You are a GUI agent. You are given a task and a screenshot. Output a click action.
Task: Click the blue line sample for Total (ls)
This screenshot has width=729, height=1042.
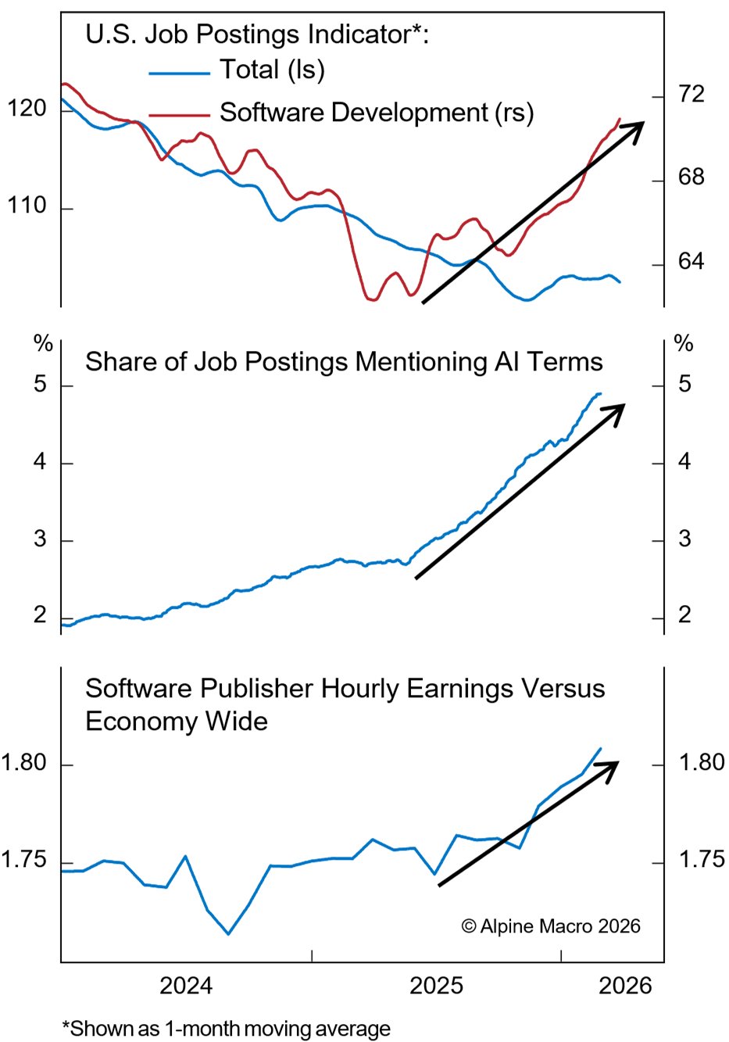point(179,73)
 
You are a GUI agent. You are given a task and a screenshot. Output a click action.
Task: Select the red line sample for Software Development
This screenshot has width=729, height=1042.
point(179,115)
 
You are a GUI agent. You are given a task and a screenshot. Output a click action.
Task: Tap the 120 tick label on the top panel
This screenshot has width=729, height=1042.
point(27,109)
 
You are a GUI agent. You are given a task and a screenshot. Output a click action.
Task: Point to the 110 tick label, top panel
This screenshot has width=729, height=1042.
point(27,206)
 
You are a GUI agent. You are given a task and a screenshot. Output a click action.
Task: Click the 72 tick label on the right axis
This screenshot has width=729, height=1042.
point(691,95)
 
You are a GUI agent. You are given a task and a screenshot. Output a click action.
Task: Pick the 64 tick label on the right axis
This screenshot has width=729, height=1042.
point(691,261)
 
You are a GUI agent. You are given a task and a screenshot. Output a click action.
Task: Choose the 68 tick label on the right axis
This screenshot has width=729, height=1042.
point(691,177)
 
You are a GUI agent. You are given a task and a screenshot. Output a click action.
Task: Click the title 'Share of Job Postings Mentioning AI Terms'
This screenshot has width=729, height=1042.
point(344,362)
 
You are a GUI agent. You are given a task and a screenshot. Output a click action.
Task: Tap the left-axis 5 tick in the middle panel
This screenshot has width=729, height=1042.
point(40,385)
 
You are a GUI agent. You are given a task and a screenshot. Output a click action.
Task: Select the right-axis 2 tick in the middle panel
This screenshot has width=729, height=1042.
point(684,615)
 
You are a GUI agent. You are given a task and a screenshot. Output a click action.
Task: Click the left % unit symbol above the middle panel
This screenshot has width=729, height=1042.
point(43,343)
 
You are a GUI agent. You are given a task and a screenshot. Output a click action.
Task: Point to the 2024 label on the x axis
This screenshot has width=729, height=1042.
point(186,985)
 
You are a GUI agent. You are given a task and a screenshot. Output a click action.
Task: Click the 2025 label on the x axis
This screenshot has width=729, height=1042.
point(436,985)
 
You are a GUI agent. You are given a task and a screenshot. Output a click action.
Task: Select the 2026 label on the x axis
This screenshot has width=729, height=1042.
point(625,985)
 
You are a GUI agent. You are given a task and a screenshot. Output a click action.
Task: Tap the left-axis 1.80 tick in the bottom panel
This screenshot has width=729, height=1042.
point(23,763)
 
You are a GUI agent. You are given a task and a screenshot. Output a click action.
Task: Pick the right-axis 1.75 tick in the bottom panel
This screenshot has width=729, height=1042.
point(702,860)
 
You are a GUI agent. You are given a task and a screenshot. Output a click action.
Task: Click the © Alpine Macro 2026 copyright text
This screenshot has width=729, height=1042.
point(551,926)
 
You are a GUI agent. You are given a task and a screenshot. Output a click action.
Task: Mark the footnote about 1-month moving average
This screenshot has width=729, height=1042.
point(227,1029)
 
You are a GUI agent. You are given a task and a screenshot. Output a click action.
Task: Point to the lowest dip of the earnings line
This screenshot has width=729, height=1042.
point(228,933)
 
